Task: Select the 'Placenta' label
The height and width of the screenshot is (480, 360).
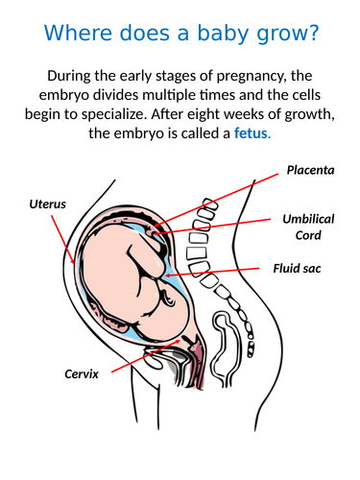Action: pos(310,171)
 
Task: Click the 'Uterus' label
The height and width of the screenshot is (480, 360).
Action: pos(48,204)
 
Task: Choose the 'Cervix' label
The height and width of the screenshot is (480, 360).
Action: pos(82,373)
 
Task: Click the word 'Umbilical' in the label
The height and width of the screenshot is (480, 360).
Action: pos(308,219)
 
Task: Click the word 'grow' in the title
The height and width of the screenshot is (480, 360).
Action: pos(276,36)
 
